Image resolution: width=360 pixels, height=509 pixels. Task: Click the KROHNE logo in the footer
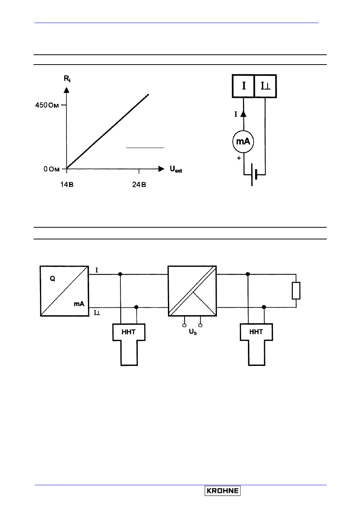tap(223, 490)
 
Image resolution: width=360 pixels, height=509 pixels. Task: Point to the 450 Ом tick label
tap(47, 105)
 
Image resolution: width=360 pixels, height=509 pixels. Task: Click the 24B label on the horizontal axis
tap(139, 185)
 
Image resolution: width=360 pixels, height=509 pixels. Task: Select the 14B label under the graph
tap(67, 185)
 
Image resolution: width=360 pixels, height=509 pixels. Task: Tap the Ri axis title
tap(67, 79)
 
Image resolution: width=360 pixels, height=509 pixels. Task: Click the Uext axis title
tap(176, 169)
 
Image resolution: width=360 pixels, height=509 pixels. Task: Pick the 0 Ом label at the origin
tap(52, 169)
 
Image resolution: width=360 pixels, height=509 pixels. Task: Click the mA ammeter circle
tap(243, 142)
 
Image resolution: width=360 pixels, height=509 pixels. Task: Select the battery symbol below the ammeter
tap(254, 175)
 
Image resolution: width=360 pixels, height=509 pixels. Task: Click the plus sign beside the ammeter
tap(239, 158)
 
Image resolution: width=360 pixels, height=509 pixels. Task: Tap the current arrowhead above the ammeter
tap(243, 114)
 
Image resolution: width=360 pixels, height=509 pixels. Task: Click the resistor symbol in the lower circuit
tap(296, 291)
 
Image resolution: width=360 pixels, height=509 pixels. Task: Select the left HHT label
tap(129, 332)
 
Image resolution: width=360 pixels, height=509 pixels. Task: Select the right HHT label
tap(256, 332)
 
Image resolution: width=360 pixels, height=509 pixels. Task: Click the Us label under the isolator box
tap(193, 332)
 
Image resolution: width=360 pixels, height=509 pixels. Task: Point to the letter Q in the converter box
tap(52, 279)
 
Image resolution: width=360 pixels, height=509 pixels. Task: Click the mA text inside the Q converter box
tap(79, 304)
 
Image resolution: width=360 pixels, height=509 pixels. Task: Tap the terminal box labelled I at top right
tap(243, 86)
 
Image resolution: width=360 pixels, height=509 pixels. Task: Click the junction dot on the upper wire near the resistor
tap(248, 274)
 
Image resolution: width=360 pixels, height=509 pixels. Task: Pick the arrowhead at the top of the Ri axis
tap(66, 90)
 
